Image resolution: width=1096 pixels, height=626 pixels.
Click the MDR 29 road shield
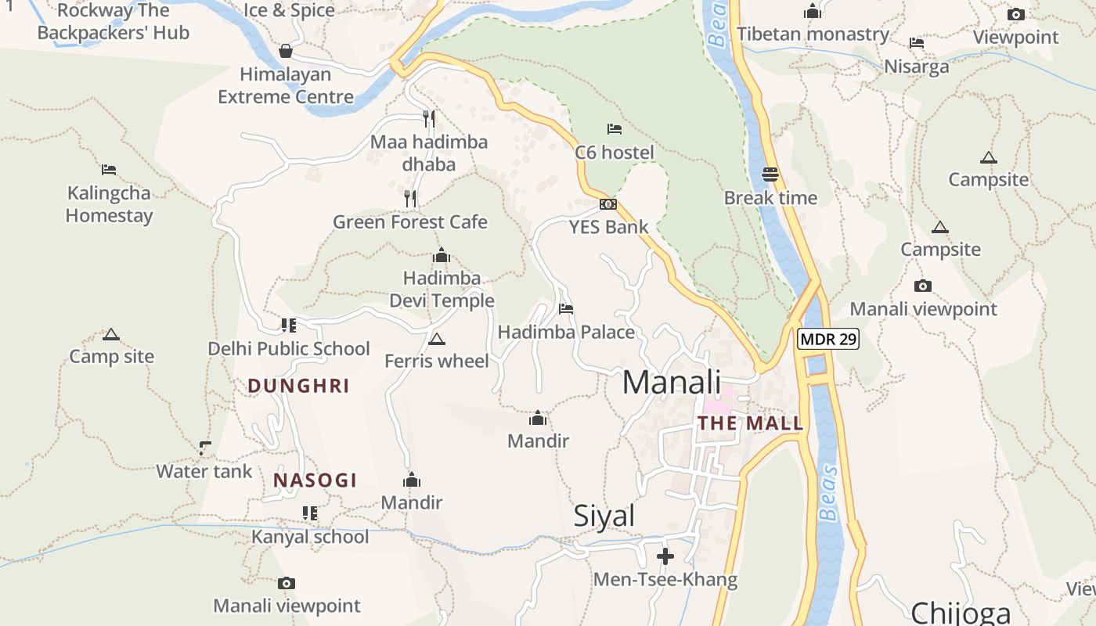(x=828, y=340)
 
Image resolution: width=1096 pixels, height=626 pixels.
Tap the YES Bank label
(x=608, y=227)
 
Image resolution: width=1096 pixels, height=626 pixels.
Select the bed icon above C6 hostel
(x=615, y=128)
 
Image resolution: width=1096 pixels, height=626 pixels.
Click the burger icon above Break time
(x=770, y=174)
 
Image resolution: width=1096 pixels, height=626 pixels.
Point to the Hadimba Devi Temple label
(x=442, y=289)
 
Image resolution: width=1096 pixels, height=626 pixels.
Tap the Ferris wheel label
(x=437, y=361)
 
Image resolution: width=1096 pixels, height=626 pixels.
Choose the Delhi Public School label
(x=289, y=348)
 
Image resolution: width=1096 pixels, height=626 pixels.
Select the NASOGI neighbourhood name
(x=315, y=480)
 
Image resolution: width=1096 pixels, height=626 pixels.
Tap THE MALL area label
(x=750, y=423)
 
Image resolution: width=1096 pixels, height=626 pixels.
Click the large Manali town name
(x=671, y=383)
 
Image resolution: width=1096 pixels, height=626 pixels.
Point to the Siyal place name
(x=604, y=516)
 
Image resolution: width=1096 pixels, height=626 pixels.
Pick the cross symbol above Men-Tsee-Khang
(x=665, y=556)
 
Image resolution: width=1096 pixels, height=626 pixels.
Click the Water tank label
(x=204, y=471)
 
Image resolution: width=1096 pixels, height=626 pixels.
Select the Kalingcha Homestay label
(x=109, y=204)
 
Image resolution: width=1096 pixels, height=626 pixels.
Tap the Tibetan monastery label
(x=813, y=34)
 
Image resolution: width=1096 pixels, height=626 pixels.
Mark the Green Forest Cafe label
(x=410, y=222)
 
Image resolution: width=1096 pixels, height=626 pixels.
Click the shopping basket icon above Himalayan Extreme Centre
(x=286, y=51)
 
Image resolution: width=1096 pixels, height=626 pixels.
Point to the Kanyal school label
(x=310, y=537)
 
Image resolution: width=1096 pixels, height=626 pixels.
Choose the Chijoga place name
(x=961, y=612)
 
